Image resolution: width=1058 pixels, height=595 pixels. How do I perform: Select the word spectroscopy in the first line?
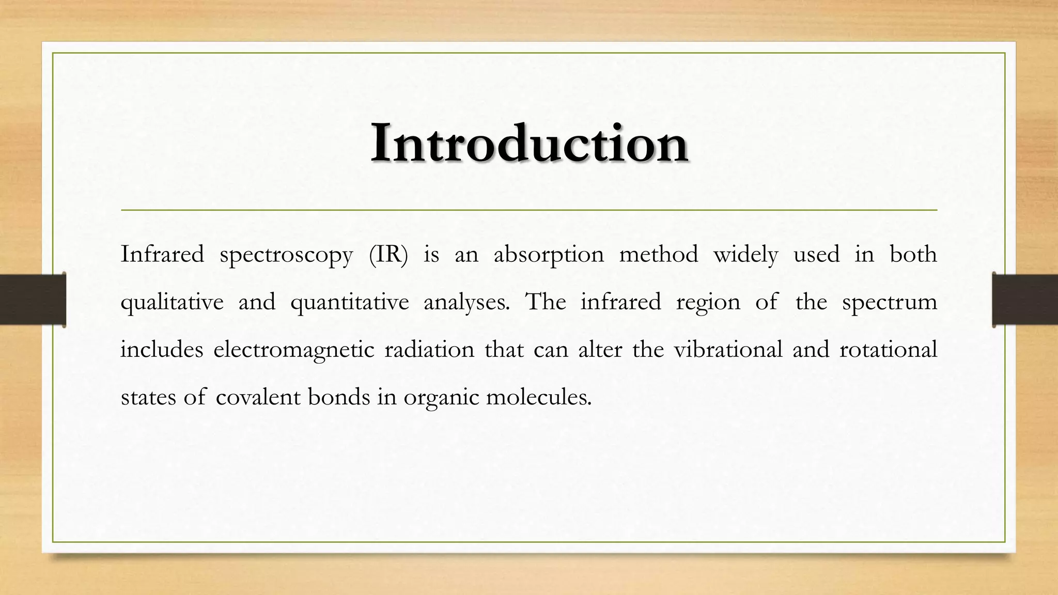[x=286, y=255]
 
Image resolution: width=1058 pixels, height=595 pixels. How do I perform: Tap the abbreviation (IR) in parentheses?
[x=388, y=255]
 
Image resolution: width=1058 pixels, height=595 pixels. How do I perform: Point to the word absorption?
[x=549, y=255]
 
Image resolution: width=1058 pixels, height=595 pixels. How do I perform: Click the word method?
[x=659, y=254]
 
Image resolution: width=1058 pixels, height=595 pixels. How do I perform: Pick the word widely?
[x=745, y=255]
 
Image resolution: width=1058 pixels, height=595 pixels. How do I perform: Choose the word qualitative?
[x=172, y=303]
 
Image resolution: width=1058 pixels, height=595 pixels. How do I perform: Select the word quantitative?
[x=350, y=303]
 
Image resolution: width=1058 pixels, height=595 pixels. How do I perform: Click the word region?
[x=708, y=303]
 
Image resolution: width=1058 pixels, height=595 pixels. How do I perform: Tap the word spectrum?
[x=889, y=303]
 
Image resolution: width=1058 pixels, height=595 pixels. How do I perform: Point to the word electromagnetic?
[x=293, y=350]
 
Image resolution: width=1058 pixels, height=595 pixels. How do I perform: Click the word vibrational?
[x=728, y=350]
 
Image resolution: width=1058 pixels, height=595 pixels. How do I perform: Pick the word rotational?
[x=888, y=350]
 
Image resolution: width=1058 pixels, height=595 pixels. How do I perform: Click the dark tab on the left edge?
[x=33, y=300]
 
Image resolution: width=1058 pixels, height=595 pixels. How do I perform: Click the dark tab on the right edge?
[x=1025, y=300]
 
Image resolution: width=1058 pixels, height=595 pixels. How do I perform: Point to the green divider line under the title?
[x=529, y=210]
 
